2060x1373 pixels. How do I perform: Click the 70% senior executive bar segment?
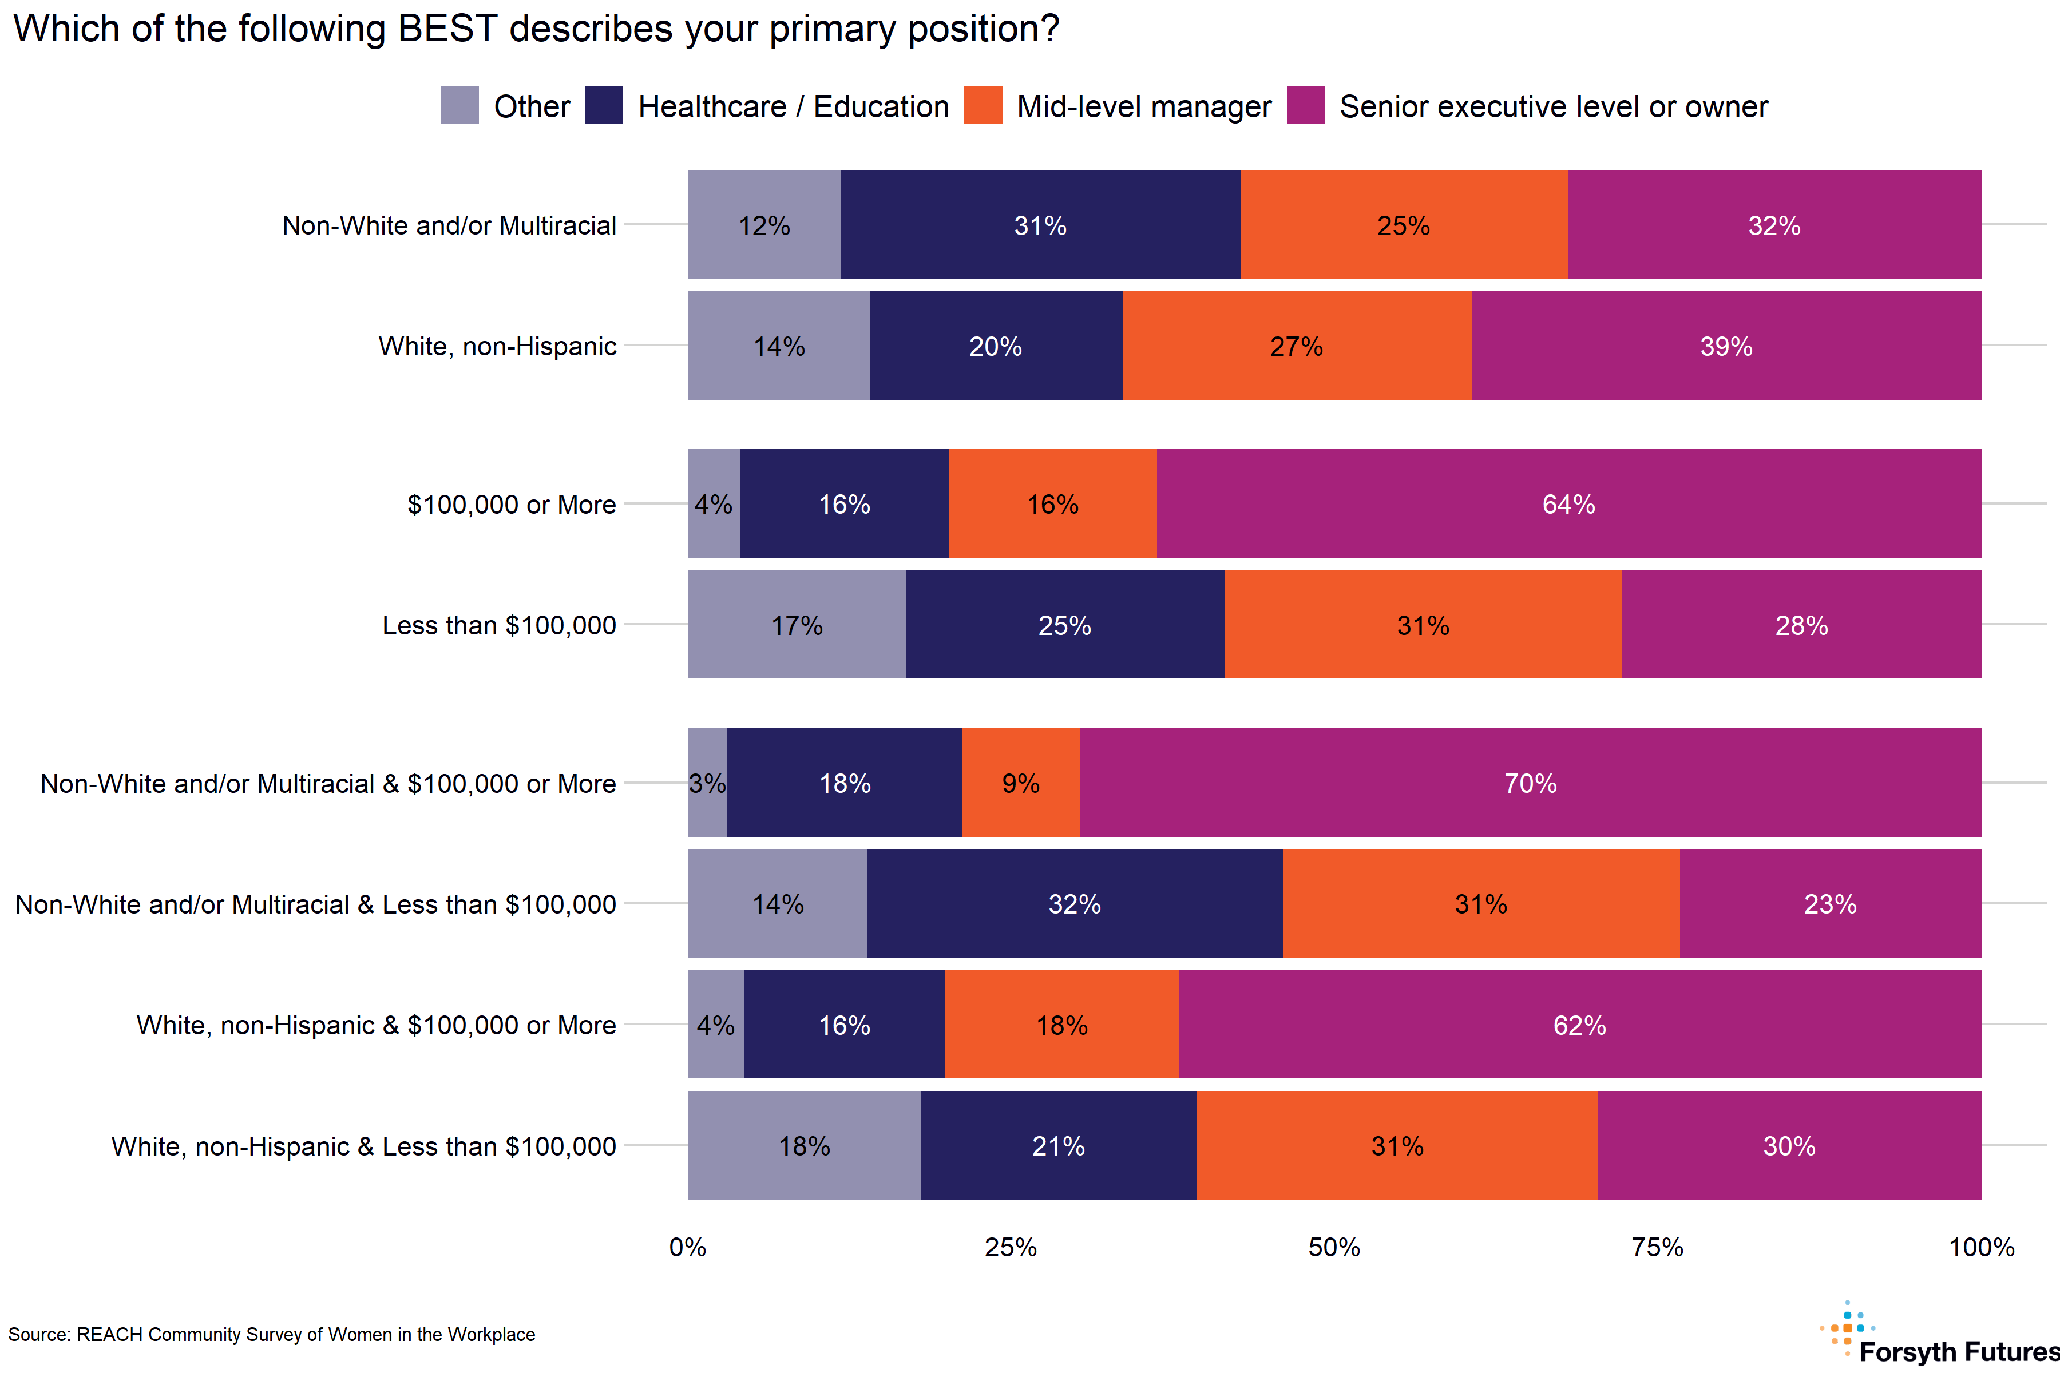click(x=1530, y=782)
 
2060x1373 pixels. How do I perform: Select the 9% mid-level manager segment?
click(x=1020, y=782)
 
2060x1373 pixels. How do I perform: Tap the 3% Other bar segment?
click(x=707, y=782)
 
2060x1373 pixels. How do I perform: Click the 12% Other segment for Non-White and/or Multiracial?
click(x=764, y=224)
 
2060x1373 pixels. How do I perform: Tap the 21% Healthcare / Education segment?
click(x=1058, y=1145)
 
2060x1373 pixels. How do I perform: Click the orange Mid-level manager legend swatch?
click(x=983, y=105)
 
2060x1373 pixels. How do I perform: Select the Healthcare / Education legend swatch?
click(x=604, y=105)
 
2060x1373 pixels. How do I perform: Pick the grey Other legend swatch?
click(x=460, y=105)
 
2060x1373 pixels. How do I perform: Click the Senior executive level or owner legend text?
click(x=1553, y=106)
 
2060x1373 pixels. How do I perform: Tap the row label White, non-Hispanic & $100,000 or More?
click(x=376, y=1025)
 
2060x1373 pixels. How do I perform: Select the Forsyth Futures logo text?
click(x=1958, y=1351)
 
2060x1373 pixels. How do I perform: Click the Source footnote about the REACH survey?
click(x=271, y=1335)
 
